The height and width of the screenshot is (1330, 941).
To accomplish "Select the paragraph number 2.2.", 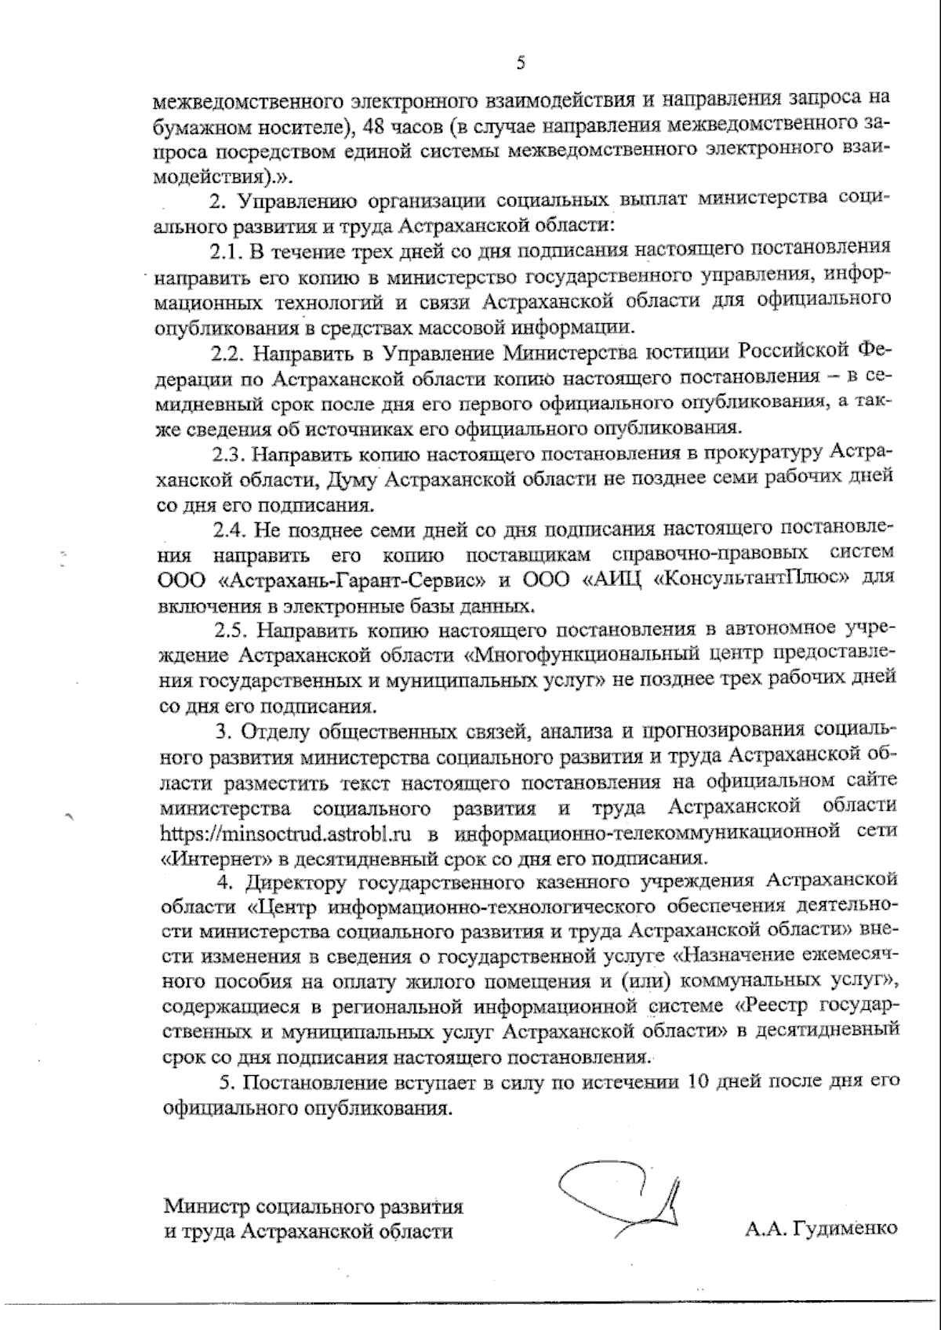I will pos(227,352).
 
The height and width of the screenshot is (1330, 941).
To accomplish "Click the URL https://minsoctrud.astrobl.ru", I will pos(286,832).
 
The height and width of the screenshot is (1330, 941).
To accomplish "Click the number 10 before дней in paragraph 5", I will pos(697,1083).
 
